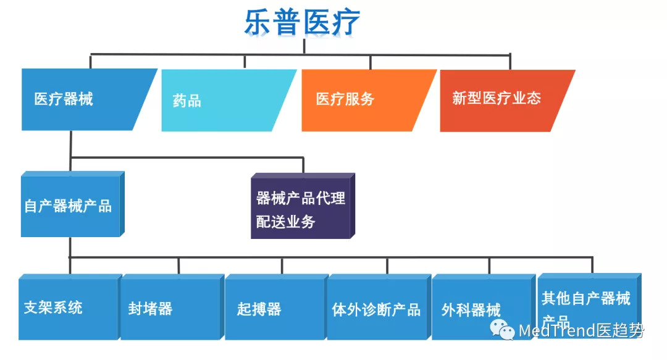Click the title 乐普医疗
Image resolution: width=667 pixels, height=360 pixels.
tap(302, 22)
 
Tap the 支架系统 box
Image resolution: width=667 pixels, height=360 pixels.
tap(68, 308)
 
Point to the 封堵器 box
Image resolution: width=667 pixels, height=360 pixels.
tap(169, 308)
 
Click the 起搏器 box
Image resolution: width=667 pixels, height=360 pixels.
tap(274, 308)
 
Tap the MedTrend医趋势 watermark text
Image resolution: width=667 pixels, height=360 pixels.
tap(581, 332)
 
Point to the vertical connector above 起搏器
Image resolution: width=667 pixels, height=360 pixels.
tap(282, 266)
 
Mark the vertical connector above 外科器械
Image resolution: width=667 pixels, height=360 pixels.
tap(489, 266)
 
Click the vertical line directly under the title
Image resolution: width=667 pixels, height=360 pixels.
tap(304, 46)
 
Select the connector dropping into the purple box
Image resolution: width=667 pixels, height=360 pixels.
tap(303, 165)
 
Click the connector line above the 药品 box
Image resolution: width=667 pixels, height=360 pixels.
tap(245, 62)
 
